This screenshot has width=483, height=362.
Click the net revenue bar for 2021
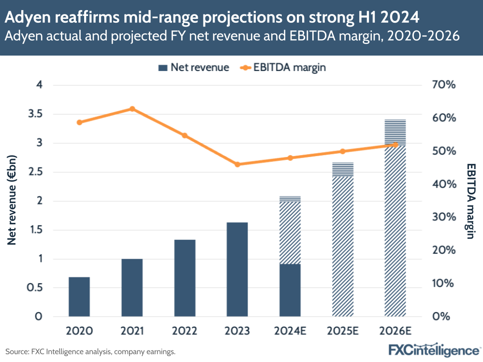(132, 288)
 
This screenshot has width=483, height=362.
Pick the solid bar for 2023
(237, 269)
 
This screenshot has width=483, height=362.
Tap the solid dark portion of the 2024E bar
(290, 290)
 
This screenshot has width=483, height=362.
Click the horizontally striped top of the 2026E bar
(395, 132)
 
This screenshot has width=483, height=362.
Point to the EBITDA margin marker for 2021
(132, 109)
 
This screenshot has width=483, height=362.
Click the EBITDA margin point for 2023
(237, 164)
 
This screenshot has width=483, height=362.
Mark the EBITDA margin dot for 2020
(79, 122)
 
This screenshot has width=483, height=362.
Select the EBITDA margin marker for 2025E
(343, 151)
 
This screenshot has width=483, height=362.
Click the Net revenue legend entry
(193, 68)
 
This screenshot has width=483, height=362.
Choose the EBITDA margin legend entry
(283, 68)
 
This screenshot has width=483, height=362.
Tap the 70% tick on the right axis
(442, 85)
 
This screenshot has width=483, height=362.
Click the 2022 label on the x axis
(185, 331)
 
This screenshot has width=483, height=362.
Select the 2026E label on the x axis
(395, 331)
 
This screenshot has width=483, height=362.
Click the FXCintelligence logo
(434, 349)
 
